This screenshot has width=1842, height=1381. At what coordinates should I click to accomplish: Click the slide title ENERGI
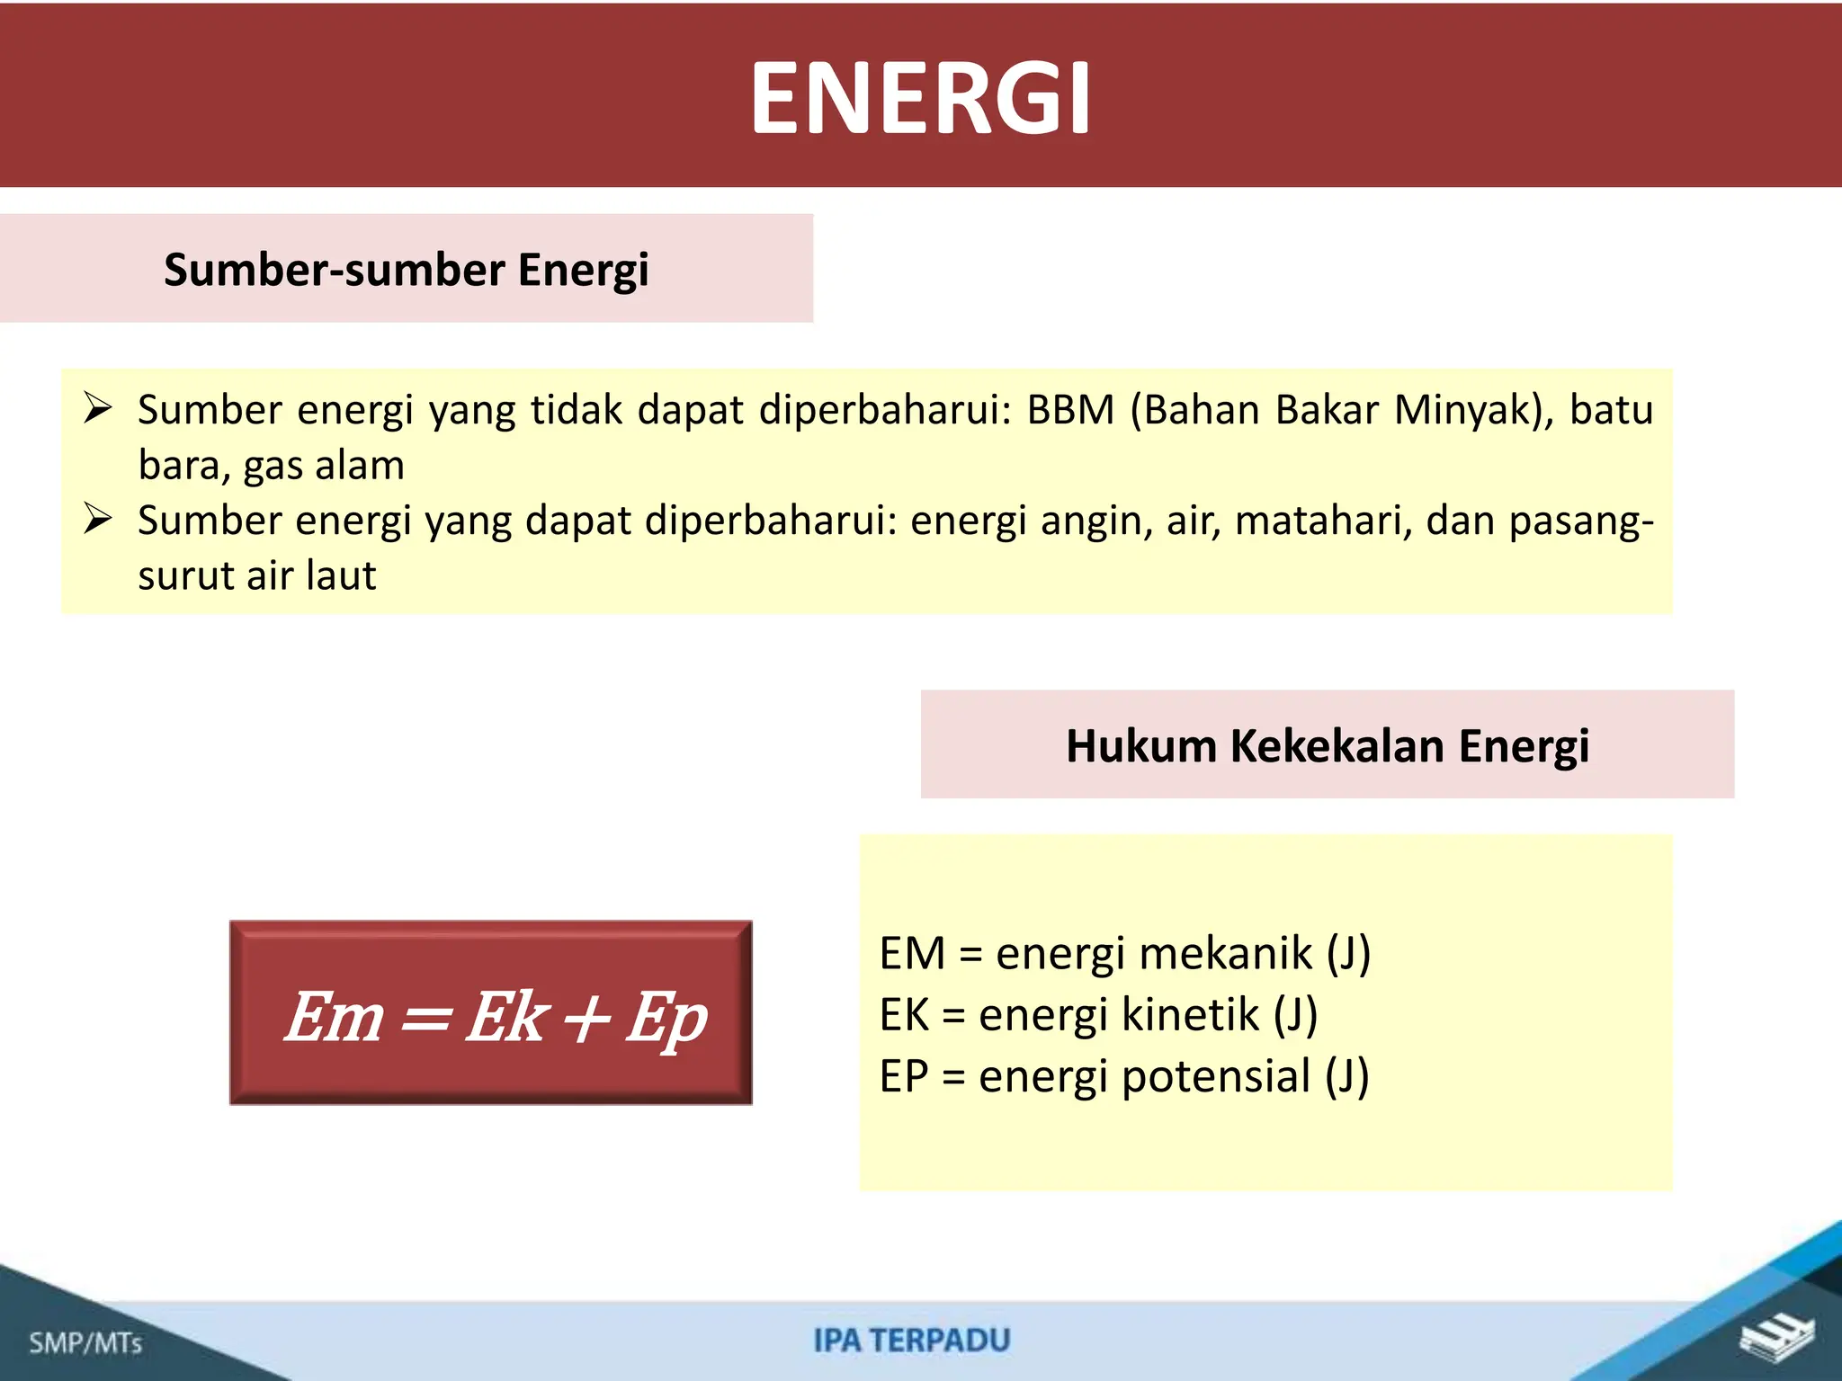pos(921,97)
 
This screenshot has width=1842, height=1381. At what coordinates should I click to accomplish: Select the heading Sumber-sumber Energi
pos(406,270)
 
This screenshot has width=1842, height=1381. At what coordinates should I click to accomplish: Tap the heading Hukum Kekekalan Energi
pos(1328,745)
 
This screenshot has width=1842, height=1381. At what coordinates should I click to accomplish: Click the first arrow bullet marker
pos(97,407)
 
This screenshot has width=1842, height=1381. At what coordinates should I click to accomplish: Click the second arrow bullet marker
pos(97,519)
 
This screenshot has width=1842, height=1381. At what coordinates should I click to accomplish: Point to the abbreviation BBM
pos(1070,410)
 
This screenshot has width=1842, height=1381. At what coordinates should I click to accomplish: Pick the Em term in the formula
pos(335,1017)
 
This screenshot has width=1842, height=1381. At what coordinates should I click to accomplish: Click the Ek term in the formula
pos(506,1017)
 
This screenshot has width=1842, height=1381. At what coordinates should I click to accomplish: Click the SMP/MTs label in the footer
pos(86,1343)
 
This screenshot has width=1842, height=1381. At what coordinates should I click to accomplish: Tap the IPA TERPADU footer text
pos(912,1341)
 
